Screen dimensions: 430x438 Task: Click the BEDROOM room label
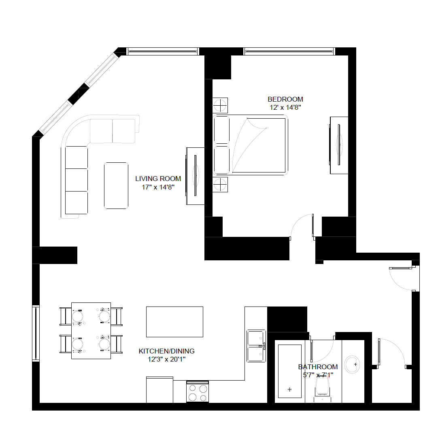(285, 99)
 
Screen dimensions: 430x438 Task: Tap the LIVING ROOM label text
(158, 179)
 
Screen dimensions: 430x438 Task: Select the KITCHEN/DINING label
(166, 351)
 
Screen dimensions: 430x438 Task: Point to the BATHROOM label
(318, 367)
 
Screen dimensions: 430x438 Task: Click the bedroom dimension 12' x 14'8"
(285, 108)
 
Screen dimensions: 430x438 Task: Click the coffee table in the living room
(116, 185)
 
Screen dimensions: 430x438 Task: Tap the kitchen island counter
(174, 321)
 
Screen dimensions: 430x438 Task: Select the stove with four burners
(198, 392)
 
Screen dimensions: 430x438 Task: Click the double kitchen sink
(256, 345)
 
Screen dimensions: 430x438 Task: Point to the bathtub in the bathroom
(289, 371)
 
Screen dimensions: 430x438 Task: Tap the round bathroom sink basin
(353, 364)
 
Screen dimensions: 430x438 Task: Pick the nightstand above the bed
(220, 106)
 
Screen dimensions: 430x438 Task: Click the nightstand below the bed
(220, 185)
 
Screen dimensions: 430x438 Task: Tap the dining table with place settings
(91, 330)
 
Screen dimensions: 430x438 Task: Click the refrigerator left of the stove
(159, 390)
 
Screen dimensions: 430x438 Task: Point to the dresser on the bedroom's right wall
(339, 145)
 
